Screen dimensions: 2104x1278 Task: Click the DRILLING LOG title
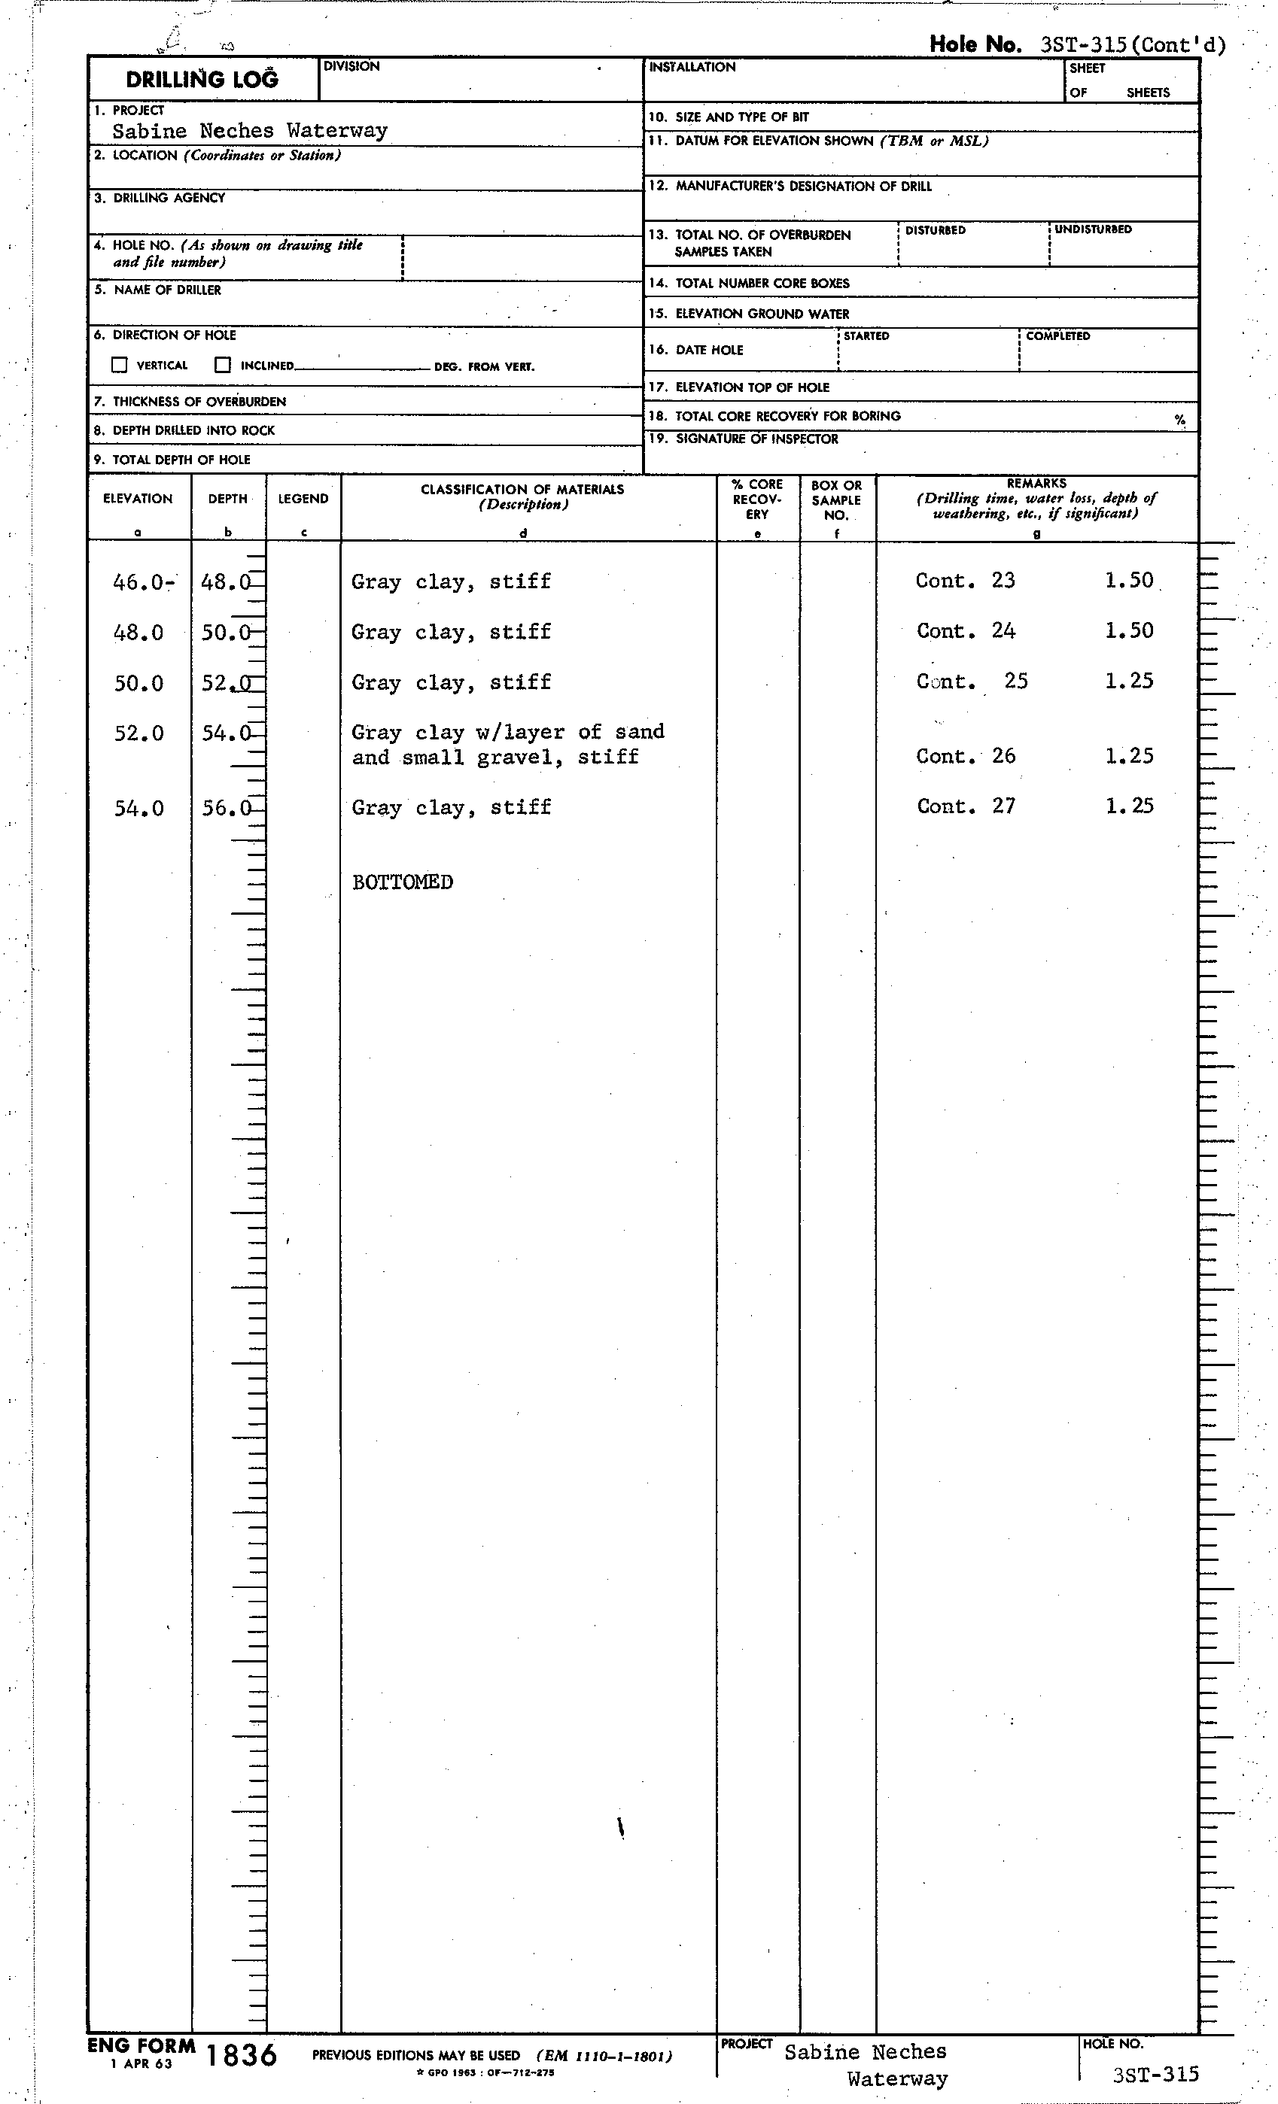[x=202, y=80]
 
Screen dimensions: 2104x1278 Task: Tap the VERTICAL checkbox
[x=120, y=366]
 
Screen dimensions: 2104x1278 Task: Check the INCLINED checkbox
[x=223, y=366]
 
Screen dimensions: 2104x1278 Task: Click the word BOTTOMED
[x=403, y=882]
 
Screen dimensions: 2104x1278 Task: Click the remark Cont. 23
[x=966, y=581]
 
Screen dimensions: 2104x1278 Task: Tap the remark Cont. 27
[x=966, y=807]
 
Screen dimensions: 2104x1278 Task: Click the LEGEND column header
[x=303, y=499]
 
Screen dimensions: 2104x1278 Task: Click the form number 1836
[x=242, y=2055]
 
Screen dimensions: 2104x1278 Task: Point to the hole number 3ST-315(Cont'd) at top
[x=1133, y=45]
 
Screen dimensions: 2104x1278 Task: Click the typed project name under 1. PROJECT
[x=249, y=131]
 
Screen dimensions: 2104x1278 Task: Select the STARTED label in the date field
[x=866, y=336]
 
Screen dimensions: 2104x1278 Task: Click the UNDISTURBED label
[x=1093, y=229]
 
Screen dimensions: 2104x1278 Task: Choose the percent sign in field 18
[x=1179, y=419]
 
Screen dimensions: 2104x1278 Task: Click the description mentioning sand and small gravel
[x=507, y=745]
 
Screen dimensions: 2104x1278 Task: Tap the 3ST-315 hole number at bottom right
[x=1156, y=2074]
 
